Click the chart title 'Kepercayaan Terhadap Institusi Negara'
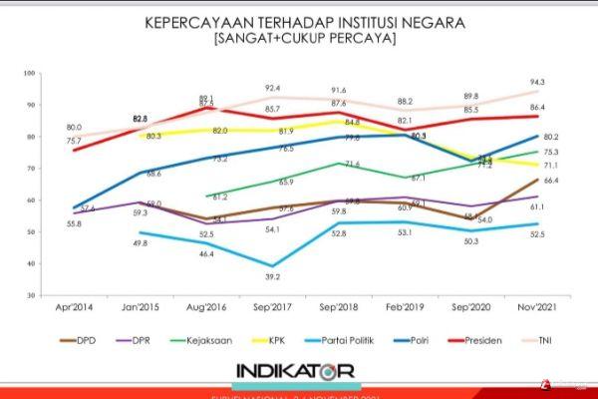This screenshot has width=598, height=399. (x=298, y=21)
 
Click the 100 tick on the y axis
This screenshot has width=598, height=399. (x=30, y=72)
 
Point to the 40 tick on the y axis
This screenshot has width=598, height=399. (x=30, y=264)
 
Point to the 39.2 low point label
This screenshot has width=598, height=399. (x=269, y=278)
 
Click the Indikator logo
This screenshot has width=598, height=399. (x=296, y=371)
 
